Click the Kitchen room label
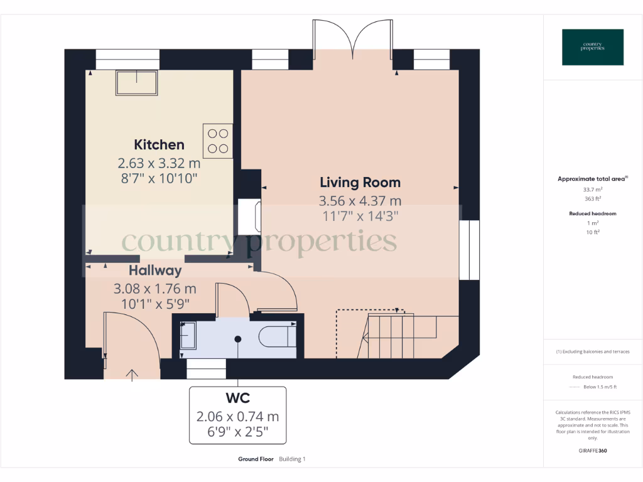[x=159, y=145]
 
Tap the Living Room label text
[x=360, y=183]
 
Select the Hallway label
[x=155, y=270]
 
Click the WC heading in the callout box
[x=238, y=398]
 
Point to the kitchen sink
[x=136, y=83]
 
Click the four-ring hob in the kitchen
[x=218, y=141]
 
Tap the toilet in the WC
[x=278, y=337]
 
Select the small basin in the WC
[x=188, y=335]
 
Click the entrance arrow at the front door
[x=132, y=375]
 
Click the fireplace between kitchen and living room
[x=249, y=217]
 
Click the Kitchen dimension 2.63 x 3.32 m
[x=159, y=163]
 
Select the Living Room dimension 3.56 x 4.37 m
[x=360, y=201]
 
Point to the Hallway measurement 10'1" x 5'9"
[x=155, y=304]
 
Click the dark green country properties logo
[x=593, y=47]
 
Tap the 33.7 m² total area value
[x=593, y=190]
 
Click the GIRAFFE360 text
[x=593, y=451]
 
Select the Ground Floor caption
[x=256, y=459]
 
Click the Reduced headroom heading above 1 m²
[x=593, y=213]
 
